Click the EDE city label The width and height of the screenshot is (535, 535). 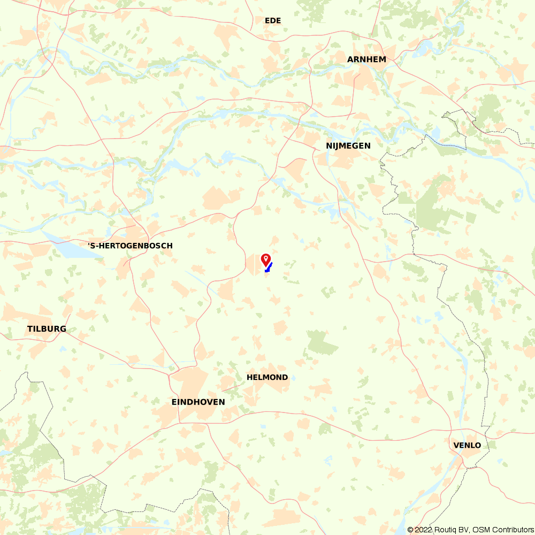click(273, 21)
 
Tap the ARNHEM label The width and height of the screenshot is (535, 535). click(366, 59)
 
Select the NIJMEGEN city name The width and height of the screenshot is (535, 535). click(348, 146)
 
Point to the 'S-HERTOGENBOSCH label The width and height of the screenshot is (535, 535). click(130, 246)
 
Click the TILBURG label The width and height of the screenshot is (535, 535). click(47, 328)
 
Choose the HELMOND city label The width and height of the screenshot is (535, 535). click(267, 377)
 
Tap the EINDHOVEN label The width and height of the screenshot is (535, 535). click(198, 402)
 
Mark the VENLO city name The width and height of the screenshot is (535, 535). click(467, 445)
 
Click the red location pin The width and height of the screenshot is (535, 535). click(265, 259)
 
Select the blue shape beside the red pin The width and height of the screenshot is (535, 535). click(269, 267)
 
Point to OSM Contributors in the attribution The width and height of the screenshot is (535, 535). click(502, 530)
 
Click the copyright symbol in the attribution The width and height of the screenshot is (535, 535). click(410, 530)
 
